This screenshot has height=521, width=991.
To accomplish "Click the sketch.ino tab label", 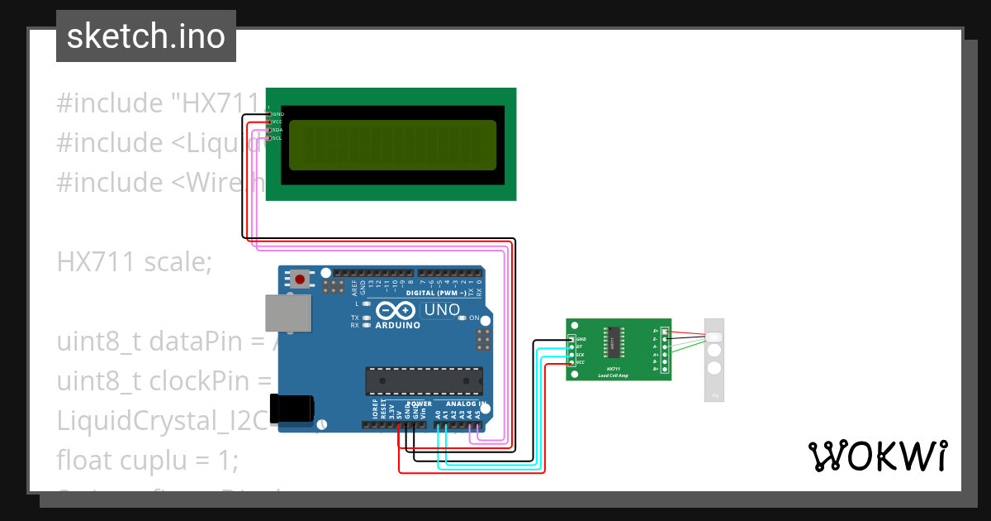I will tap(145, 36).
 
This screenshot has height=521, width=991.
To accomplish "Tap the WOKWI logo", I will tap(877, 456).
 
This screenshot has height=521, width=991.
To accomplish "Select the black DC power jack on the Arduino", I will tap(295, 407).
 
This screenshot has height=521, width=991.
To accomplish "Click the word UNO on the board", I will tap(441, 310).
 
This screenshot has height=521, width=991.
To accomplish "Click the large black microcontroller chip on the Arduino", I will tap(424, 380).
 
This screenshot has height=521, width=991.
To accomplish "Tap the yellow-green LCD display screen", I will tap(393, 145).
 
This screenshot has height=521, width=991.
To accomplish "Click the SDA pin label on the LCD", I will tap(277, 130).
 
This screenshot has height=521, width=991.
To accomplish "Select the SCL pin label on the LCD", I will tap(277, 138).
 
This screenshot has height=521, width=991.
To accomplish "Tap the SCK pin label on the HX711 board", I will tap(580, 355).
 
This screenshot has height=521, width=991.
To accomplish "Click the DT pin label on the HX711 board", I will tap(579, 347).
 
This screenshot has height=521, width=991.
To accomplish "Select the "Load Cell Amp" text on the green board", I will tap(614, 375).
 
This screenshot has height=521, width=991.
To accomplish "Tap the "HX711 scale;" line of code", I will tap(135, 262).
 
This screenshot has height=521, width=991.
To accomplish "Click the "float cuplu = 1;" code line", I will tap(147, 460).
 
